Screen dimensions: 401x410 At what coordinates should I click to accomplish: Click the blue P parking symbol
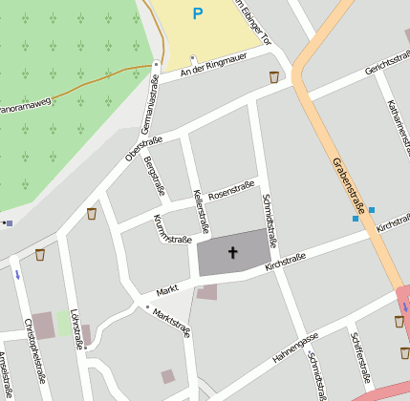(x=198, y=13)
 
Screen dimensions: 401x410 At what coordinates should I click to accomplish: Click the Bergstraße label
(x=150, y=176)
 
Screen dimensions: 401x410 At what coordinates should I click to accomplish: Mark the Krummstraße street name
(x=171, y=229)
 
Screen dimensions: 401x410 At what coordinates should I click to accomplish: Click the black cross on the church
(x=232, y=253)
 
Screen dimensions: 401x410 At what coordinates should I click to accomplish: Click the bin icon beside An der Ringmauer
(x=274, y=77)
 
